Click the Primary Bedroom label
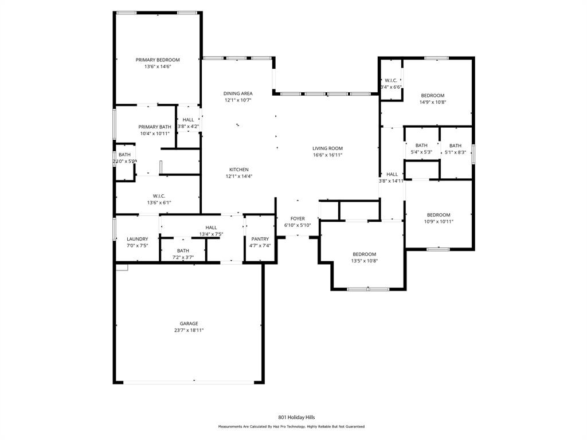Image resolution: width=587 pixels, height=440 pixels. coord(158,60)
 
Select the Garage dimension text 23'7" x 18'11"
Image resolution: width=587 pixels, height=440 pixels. coord(189,331)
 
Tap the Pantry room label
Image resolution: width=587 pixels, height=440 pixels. coord(260,239)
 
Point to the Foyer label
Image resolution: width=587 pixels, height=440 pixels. coord(298,218)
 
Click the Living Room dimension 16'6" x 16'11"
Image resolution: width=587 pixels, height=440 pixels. coord(327,155)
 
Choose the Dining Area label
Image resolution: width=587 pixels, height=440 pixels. coord(238,93)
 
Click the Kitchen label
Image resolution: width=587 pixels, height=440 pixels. coord(239,170)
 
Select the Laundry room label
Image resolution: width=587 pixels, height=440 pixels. coord(137,239)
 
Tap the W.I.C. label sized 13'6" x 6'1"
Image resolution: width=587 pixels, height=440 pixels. coord(159,196)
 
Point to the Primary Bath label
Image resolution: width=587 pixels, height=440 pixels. coord(155,127)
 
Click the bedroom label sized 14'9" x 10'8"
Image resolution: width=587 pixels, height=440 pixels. coord(433,96)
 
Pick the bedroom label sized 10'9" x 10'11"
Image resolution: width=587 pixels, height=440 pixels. coord(439,215)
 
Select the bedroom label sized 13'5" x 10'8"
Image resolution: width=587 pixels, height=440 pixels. coord(364,254)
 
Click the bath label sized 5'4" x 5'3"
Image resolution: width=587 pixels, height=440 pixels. coord(421,146)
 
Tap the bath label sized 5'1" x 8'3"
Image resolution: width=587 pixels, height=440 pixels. coord(455,146)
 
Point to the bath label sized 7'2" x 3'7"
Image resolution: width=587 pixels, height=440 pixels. coord(183,251)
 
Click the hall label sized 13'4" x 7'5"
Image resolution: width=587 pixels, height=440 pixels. coord(211,227)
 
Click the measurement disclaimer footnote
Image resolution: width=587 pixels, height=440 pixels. coord(291,427)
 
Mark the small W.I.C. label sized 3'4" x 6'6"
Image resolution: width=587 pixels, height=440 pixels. coord(391,81)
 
